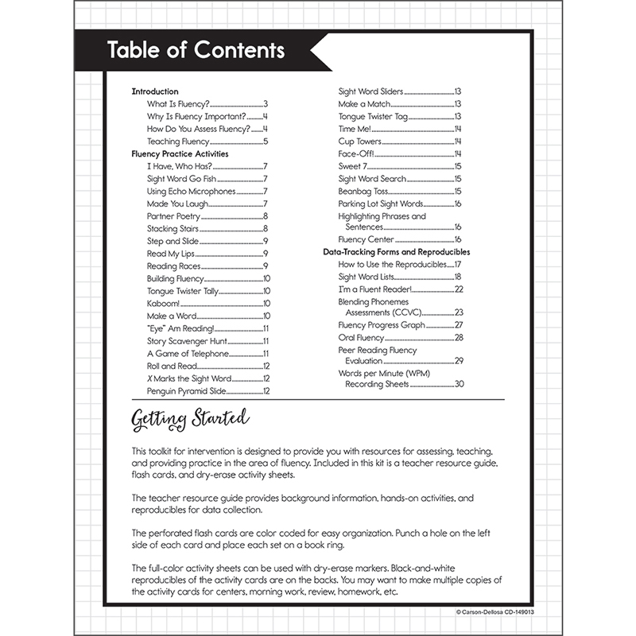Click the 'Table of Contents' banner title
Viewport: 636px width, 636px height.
(196, 50)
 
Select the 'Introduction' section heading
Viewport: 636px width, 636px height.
(154, 91)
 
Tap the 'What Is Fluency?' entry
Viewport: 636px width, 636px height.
(178, 104)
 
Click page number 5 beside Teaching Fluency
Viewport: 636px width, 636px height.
(266, 142)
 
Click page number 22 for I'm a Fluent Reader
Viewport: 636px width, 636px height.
(458, 289)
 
